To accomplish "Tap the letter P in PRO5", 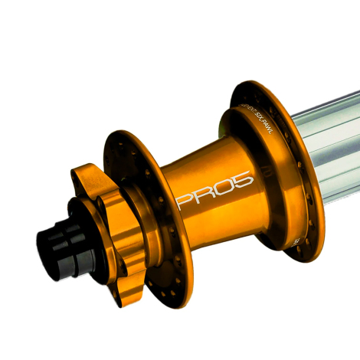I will point(184,201).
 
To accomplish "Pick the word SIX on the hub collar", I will point(257,114).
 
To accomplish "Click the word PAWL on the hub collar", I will point(269,121).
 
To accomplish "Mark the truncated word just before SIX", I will point(246,109).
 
